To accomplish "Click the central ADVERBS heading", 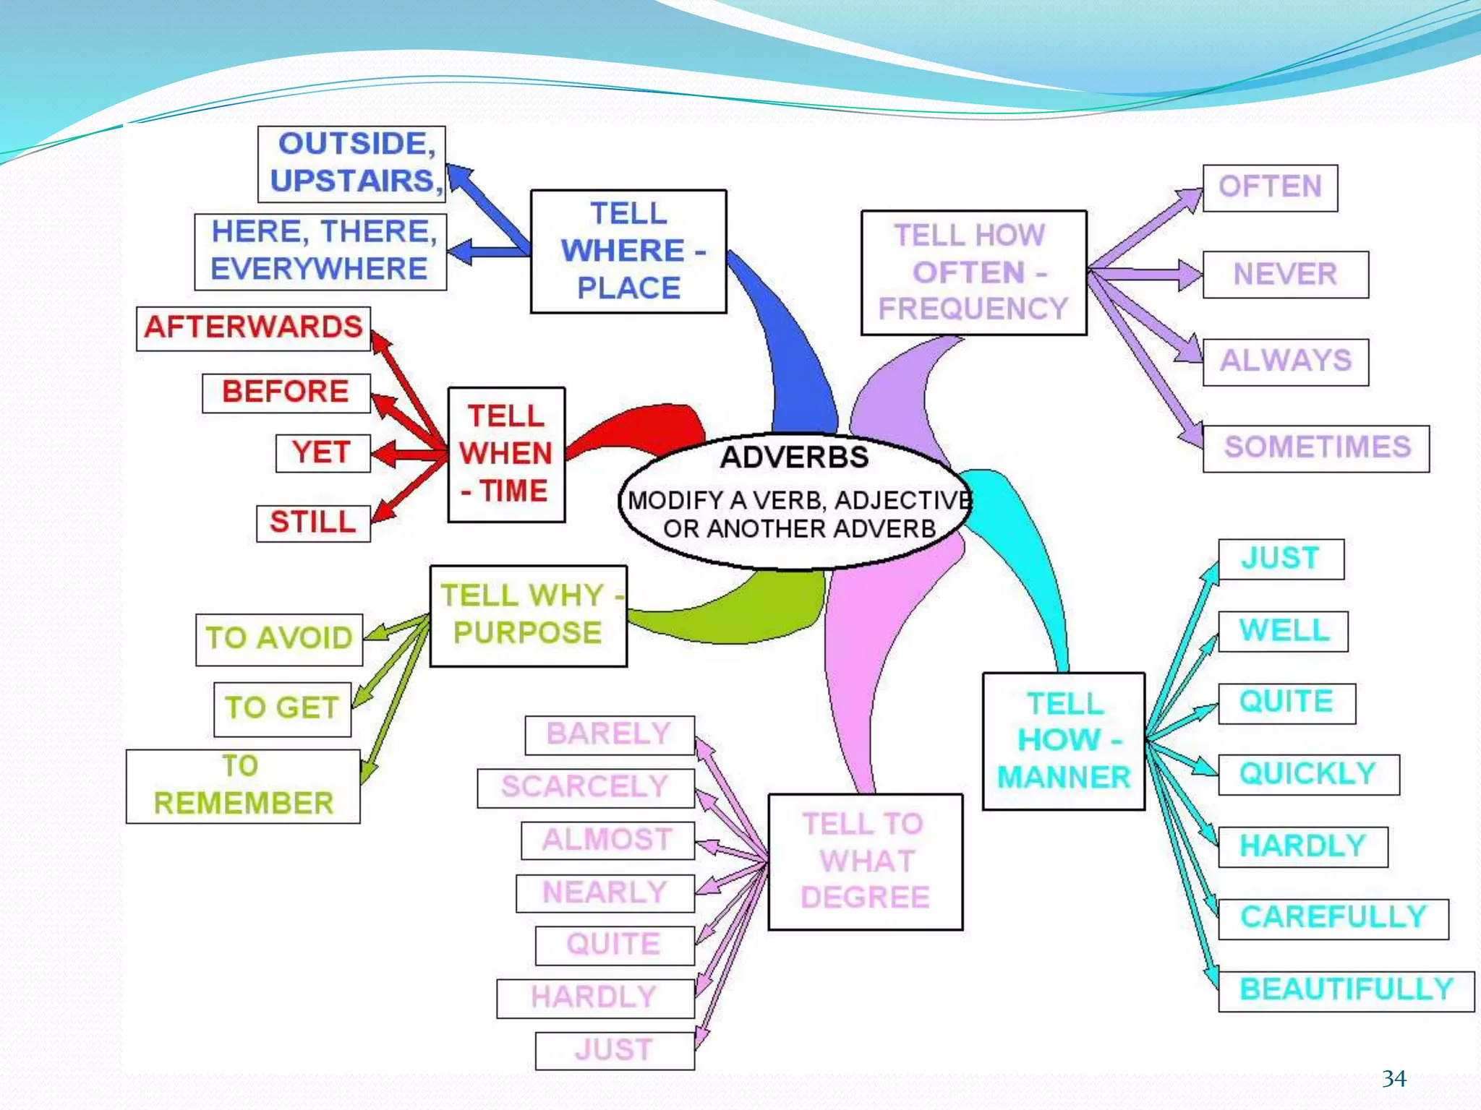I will pos(794,457).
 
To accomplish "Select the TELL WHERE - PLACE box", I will pos(628,251).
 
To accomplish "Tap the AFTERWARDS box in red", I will pos(253,328).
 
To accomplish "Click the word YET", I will pos(322,453).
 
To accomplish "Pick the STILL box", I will pos(312,522).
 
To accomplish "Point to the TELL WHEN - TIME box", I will pos(506,454).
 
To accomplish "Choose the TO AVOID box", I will pos(279,639).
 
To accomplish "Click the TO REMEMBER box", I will pos(243,786).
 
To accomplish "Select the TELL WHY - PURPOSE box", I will pos(528,615).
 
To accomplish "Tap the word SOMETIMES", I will pos(1316,448).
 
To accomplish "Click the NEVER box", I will pos(1285,275).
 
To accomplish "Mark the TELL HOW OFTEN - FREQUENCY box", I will pos(973,272).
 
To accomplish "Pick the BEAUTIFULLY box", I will pos(1345,990).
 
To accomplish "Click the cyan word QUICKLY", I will pos(1307,774).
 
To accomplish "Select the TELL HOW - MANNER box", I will pos(1063,741).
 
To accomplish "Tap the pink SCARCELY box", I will pos(585,787).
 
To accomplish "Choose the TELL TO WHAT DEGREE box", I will pos(865,861).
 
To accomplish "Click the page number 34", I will pos(1393,1079).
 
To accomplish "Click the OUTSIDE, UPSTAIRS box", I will pos(352,163).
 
